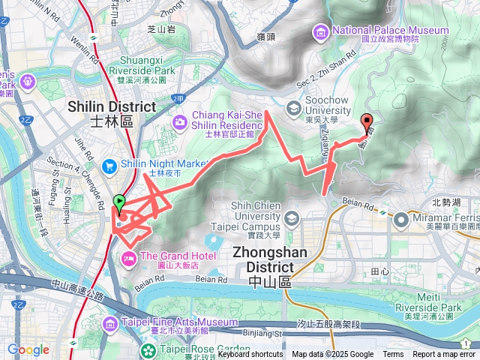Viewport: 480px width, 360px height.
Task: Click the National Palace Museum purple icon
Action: (x=322, y=31)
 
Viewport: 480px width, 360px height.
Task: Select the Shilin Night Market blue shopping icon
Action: (x=110, y=164)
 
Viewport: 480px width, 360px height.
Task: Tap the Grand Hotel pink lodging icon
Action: (x=127, y=258)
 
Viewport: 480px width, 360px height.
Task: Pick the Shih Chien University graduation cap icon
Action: (x=291, y=218)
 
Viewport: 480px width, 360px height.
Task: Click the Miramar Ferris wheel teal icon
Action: (x=400, y=220)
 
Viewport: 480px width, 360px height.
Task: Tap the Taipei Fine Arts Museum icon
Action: (x=112, y=322)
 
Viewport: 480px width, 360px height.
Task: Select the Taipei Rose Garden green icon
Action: (x=149, y=349)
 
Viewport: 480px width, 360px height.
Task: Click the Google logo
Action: (x=28, y=349)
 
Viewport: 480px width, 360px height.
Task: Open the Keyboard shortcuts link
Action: (x=250, y=355)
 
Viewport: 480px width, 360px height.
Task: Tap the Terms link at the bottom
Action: (x=393, y=355)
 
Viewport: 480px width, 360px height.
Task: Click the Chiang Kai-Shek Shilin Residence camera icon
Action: (x=180, y=122)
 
